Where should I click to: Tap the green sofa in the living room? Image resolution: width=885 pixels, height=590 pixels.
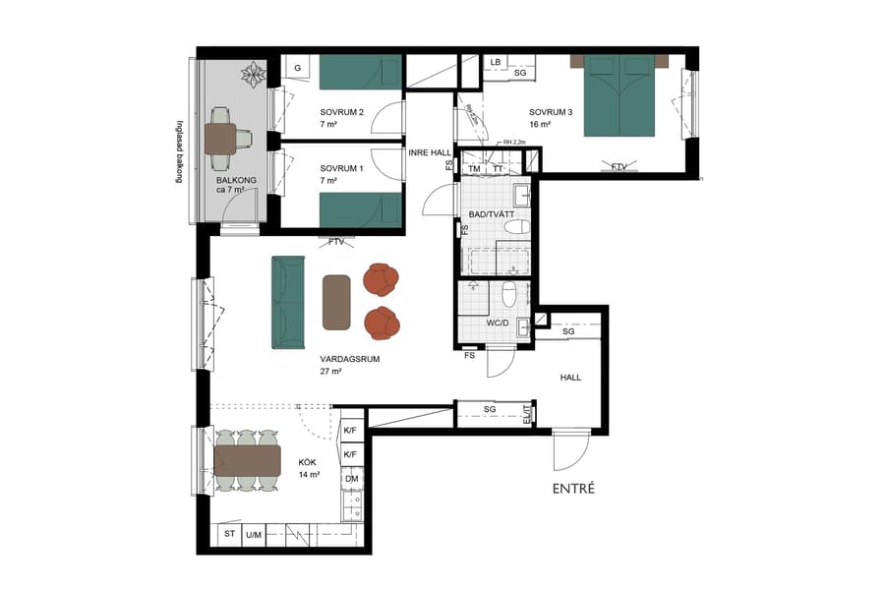(x=288, y=302)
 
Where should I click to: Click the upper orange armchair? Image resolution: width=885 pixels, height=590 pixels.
(x=382, y=280)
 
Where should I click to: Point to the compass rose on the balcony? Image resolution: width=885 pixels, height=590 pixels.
(x=255, y=75)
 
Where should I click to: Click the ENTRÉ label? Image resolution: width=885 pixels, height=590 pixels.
(x=574, y=488)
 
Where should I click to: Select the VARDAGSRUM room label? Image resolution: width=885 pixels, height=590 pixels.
(x=349, y=360)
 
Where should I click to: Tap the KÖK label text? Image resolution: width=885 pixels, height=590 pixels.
(x=309, y=462)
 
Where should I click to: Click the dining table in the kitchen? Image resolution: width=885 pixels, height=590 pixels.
(x=249, y=460)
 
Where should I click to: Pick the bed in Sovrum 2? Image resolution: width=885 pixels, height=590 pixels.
(x=360, y=72)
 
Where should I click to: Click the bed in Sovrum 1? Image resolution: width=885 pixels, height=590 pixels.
(x=360, y=209)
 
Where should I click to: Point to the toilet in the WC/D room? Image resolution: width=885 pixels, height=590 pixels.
(x=508, y=295)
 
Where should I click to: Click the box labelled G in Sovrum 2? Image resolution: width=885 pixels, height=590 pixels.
(x=298, y=68)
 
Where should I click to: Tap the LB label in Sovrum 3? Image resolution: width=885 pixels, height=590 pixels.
(x=496, y=63)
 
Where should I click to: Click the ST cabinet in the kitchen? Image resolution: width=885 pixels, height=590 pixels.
(x=230, y=534)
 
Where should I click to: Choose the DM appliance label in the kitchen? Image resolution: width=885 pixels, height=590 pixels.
(x=351, y=478)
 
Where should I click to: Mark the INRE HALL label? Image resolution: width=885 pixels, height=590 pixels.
(x=430, y=151)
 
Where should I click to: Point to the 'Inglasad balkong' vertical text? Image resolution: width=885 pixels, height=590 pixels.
(x=179, y=153)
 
